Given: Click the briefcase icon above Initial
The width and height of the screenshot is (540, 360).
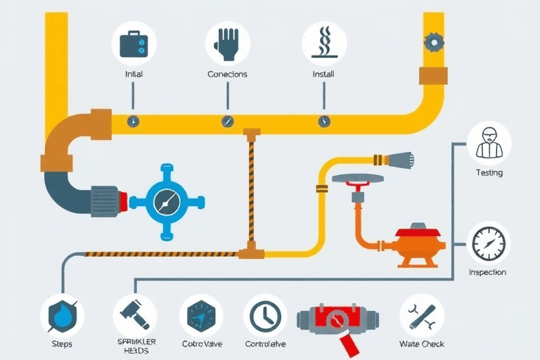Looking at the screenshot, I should [x=134, y=44].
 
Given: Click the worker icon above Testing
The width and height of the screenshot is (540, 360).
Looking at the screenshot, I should [x=489, y=143].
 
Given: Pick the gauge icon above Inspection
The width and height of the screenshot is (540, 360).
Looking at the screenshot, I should [x=489, y=243].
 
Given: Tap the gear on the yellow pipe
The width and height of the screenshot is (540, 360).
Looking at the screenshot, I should [x=434, y=42].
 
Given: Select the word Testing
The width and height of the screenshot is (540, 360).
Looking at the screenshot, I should [x=489, y=173].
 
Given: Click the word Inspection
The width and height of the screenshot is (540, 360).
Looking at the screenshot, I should [x=487, y=272].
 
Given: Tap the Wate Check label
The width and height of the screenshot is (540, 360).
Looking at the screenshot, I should [x=422, y=345].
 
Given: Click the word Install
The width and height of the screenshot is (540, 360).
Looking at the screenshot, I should [x=323, y=74].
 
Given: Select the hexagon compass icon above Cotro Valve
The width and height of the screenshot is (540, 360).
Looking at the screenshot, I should [x=201, y=315].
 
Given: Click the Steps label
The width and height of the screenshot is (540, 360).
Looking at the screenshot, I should [x=62, y=345].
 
